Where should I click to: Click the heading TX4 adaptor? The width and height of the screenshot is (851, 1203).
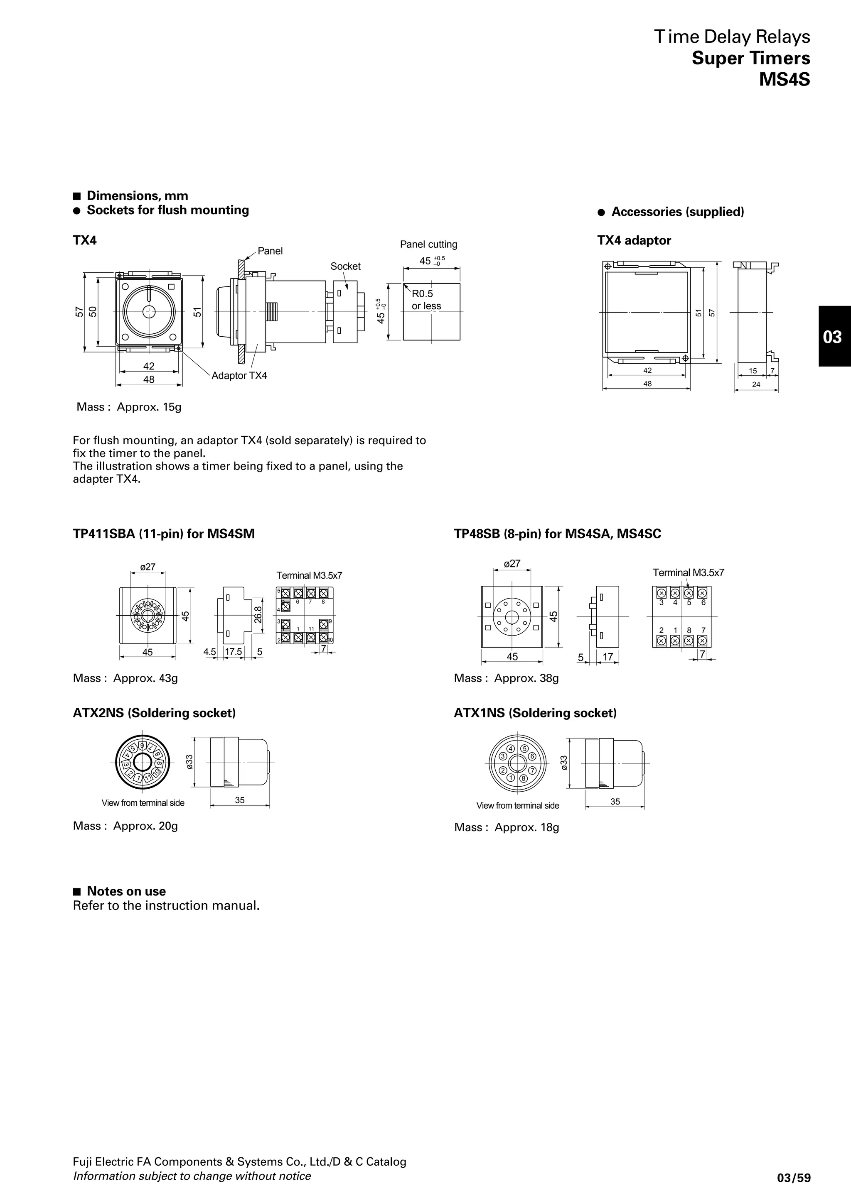[634, 240]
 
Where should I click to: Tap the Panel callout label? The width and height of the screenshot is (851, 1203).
[270, 251]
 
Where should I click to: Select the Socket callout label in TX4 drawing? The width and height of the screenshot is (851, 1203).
[345, 266]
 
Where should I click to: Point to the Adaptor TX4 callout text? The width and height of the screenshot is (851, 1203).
[239, 376]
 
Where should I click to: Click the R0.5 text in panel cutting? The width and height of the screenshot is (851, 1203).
[422, 294]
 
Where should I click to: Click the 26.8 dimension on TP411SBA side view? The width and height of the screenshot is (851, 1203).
[258, 614]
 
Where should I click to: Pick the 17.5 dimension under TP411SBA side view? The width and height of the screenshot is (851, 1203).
[234, 652]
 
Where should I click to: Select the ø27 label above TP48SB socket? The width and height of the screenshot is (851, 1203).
[512, 563]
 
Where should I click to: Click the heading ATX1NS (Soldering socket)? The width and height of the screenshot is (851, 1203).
[535, 713]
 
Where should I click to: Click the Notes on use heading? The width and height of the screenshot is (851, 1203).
[126, 891]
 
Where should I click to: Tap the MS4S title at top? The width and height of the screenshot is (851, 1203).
[785, 79]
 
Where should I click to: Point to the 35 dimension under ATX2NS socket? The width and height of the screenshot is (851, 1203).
[240, 800]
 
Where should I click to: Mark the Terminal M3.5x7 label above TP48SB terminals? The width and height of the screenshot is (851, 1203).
[688, 573]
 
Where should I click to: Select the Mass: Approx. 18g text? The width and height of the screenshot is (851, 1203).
[507, 827]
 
